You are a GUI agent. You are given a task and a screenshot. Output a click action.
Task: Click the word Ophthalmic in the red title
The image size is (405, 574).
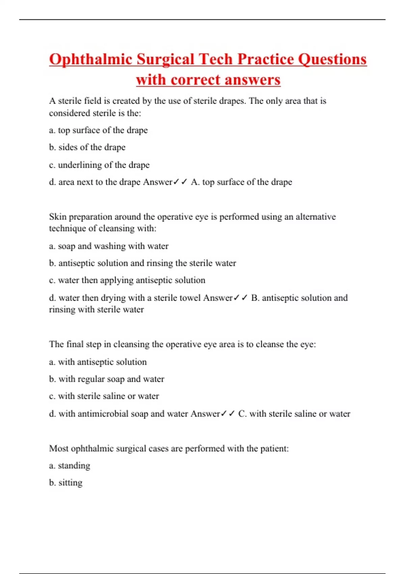click(x=90, y=60)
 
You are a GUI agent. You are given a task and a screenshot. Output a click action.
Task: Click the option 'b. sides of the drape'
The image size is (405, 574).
click(x=87, y=147)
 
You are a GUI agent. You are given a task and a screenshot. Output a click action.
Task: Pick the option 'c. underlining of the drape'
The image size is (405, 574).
click(x=99, y=165)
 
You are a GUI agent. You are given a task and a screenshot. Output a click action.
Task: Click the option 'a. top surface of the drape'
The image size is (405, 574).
click(x=98, y=130)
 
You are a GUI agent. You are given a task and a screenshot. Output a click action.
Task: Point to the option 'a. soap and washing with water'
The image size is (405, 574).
click(x=109, y=246)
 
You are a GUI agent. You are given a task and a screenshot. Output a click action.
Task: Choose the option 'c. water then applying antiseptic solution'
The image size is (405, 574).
click(x=127, y=280)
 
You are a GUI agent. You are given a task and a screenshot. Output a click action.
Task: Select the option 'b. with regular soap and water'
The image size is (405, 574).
click(x=107, y=379)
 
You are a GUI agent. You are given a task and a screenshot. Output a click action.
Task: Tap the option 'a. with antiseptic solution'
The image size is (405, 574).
click(x=98, y=362)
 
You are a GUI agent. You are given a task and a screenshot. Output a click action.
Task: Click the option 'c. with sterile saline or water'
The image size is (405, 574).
click(x=104, y=396)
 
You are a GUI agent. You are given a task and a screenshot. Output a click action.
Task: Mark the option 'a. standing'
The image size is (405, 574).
click(x=70, y=465)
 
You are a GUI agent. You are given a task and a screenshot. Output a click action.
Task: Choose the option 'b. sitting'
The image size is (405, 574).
click(x=66, y=482)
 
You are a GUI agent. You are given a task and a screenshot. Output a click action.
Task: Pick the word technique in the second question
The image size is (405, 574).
click(x=67, y=228)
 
